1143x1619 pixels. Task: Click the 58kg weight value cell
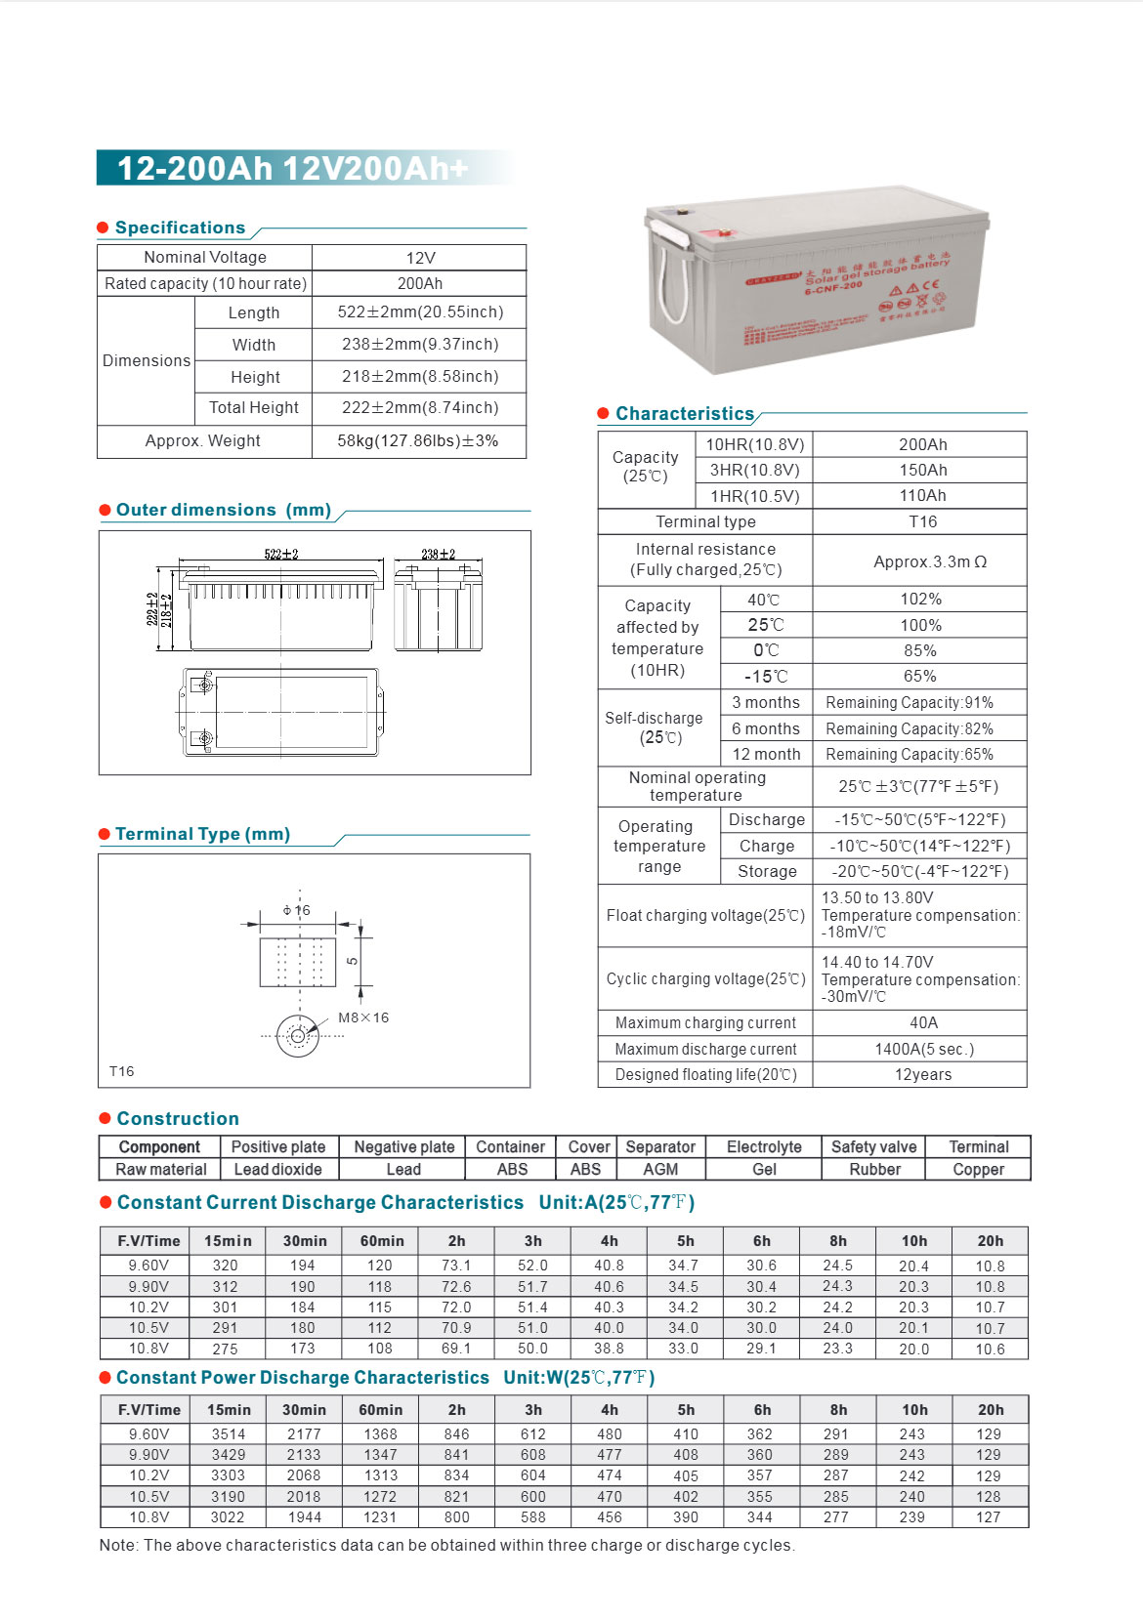[x=418, y=440]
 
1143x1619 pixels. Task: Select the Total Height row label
[x=254, y=407]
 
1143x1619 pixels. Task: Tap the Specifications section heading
[x=180, y=228]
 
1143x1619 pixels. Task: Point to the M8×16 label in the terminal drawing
[x=363, y=1017]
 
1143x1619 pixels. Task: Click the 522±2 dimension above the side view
[x=281, y=554]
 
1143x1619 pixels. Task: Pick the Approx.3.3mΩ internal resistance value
[x=919, y=561]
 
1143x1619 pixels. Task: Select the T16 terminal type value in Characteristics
[x=922, y=521]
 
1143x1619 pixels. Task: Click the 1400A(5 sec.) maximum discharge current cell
[x=923, y=1049]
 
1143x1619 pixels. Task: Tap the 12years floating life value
[x=922, y=1074]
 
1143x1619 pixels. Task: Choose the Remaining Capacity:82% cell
[x=910, y=728]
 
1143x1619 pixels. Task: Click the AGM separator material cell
[x=660, y=1169]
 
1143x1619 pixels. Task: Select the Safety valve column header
[x=873, y=1146]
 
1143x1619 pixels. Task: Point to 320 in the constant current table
[x=226, y=1266]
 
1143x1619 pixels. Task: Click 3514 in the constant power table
[x=229, y=1434]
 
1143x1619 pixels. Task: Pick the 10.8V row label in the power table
[x=148, y=1517]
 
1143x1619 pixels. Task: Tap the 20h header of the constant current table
[x=990, y=1241]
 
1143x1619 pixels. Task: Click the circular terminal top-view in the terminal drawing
[x=298, y=1036]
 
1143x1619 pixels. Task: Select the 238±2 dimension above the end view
[x=438, y=554]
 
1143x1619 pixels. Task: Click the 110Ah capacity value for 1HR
[x=922, y=495]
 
